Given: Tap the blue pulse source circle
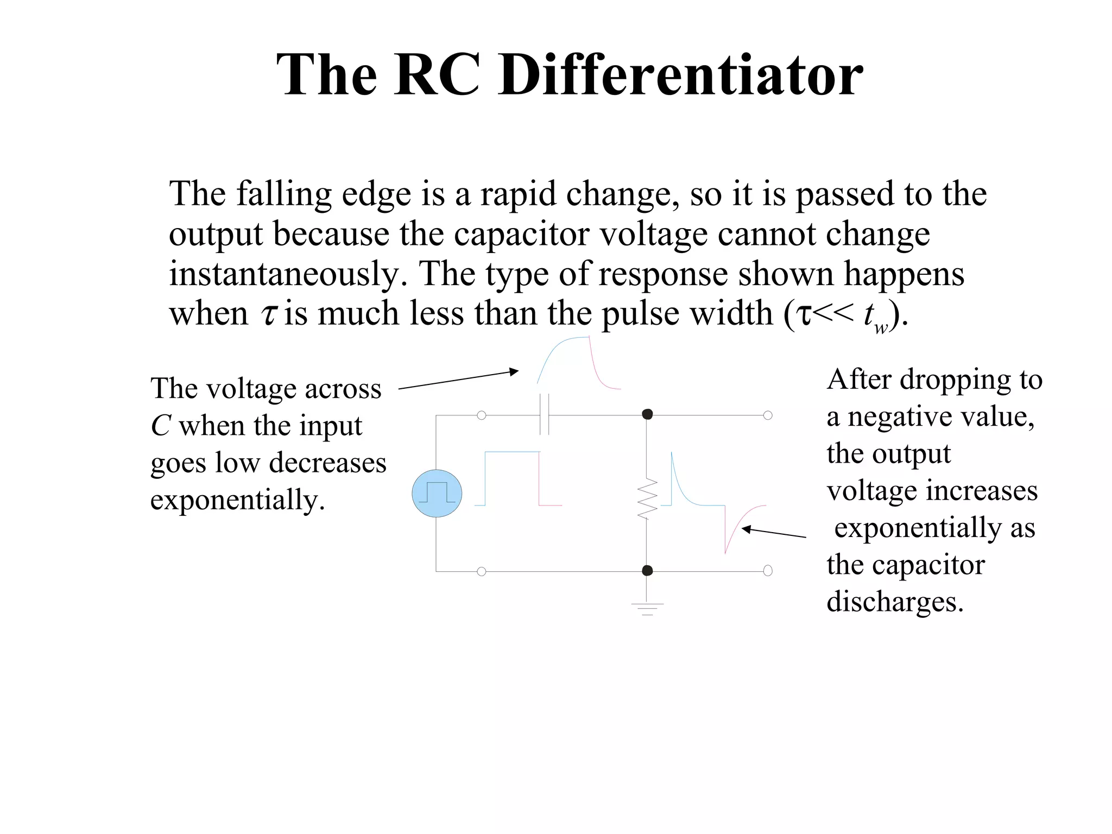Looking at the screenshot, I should pyautogui.click(x=437, y=493).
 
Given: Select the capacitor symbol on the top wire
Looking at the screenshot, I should pyautogui.click(x=545, y=415).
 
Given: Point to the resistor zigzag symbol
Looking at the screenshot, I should pyautogui.click(x=647, y=499).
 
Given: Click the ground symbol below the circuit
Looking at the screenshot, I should pyautogui.click(x=647, y=608).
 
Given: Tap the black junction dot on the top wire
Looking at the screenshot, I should pyautogui.click(x=647, y=414).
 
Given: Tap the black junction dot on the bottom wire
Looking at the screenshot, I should pyautogui.click(x=647, y=571).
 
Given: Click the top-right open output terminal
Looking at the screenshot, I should pyautogui.click(x=768, y=415).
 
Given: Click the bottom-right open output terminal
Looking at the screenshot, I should pyautogui.click(x=768, y=571).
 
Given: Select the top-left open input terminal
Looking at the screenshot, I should pyautogui.click(x=481, y=415).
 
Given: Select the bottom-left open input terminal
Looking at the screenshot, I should pyautogui.click(x=481, y=571).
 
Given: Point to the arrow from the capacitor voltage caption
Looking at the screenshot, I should pyautogui.click(x=459, y=380).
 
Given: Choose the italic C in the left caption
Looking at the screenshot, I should pyautogui.click(x=161, y=426).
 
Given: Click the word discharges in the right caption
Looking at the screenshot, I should pyautogui.click(x=895, y=602).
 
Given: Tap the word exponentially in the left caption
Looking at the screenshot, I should pyautogui.click(x=237, y=500).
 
